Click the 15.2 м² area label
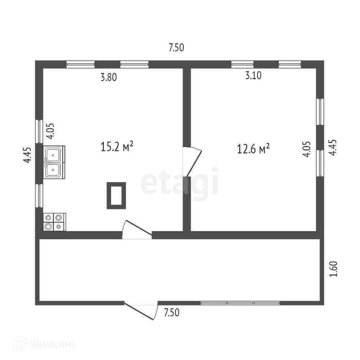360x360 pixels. point(117,147)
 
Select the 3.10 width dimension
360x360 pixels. point(253,75)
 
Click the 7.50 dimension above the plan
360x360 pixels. point(176,48)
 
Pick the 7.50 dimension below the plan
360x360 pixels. point(171,312)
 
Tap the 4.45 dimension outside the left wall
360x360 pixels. point(27,155)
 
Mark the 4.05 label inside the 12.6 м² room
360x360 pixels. point(307,150)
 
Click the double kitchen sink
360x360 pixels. point(54,162)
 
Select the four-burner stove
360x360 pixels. point(54,222)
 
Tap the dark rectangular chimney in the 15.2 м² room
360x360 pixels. point(116,195)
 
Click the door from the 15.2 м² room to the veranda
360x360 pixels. point(136,230)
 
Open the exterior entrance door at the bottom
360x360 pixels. point(141,310)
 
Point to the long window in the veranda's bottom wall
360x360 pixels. point(240,303)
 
